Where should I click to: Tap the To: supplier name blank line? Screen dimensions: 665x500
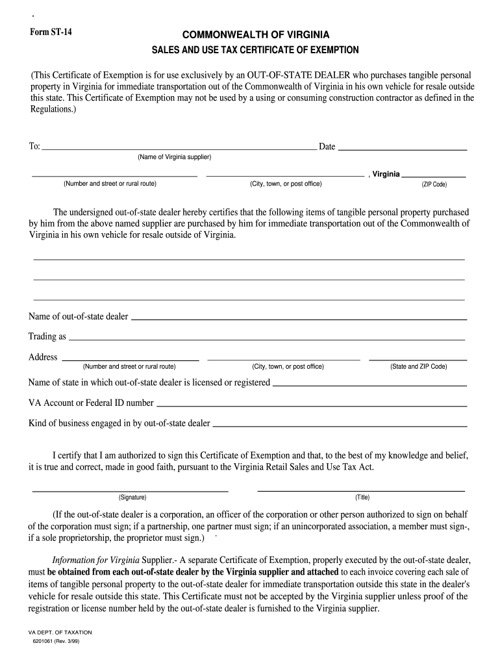click(179, 149)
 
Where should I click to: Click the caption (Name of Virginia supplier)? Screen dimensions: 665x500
click(174, 158)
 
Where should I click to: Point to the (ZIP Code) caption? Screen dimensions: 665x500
click(434, 184)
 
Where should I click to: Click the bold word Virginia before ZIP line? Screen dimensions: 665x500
click(386, 174)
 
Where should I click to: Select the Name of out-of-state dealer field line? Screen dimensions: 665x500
click(299, 319)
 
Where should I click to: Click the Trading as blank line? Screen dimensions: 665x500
click(266, 339)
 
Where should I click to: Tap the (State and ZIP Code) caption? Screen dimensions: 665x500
click(418, 366)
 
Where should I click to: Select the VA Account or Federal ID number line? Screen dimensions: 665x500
click(312, 405)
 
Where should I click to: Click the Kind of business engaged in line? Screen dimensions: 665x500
click(340, 425)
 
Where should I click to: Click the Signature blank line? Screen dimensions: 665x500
click(130, 490)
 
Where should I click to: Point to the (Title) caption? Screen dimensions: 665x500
click(362, 497)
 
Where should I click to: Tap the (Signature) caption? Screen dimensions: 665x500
click(132, 497)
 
